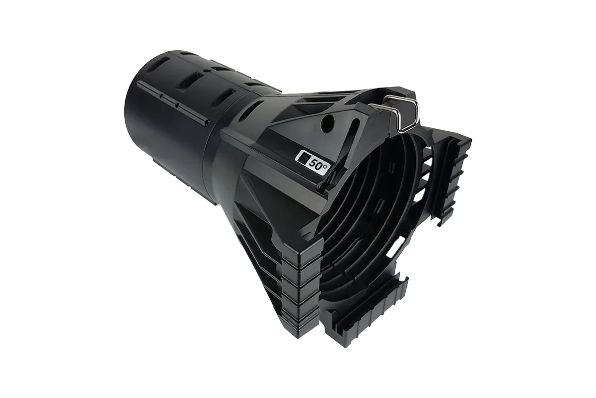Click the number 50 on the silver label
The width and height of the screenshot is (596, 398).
pyautogui.click(x=315, y=162)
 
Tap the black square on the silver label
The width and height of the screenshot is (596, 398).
pyautogui.click(x=303, y=158)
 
